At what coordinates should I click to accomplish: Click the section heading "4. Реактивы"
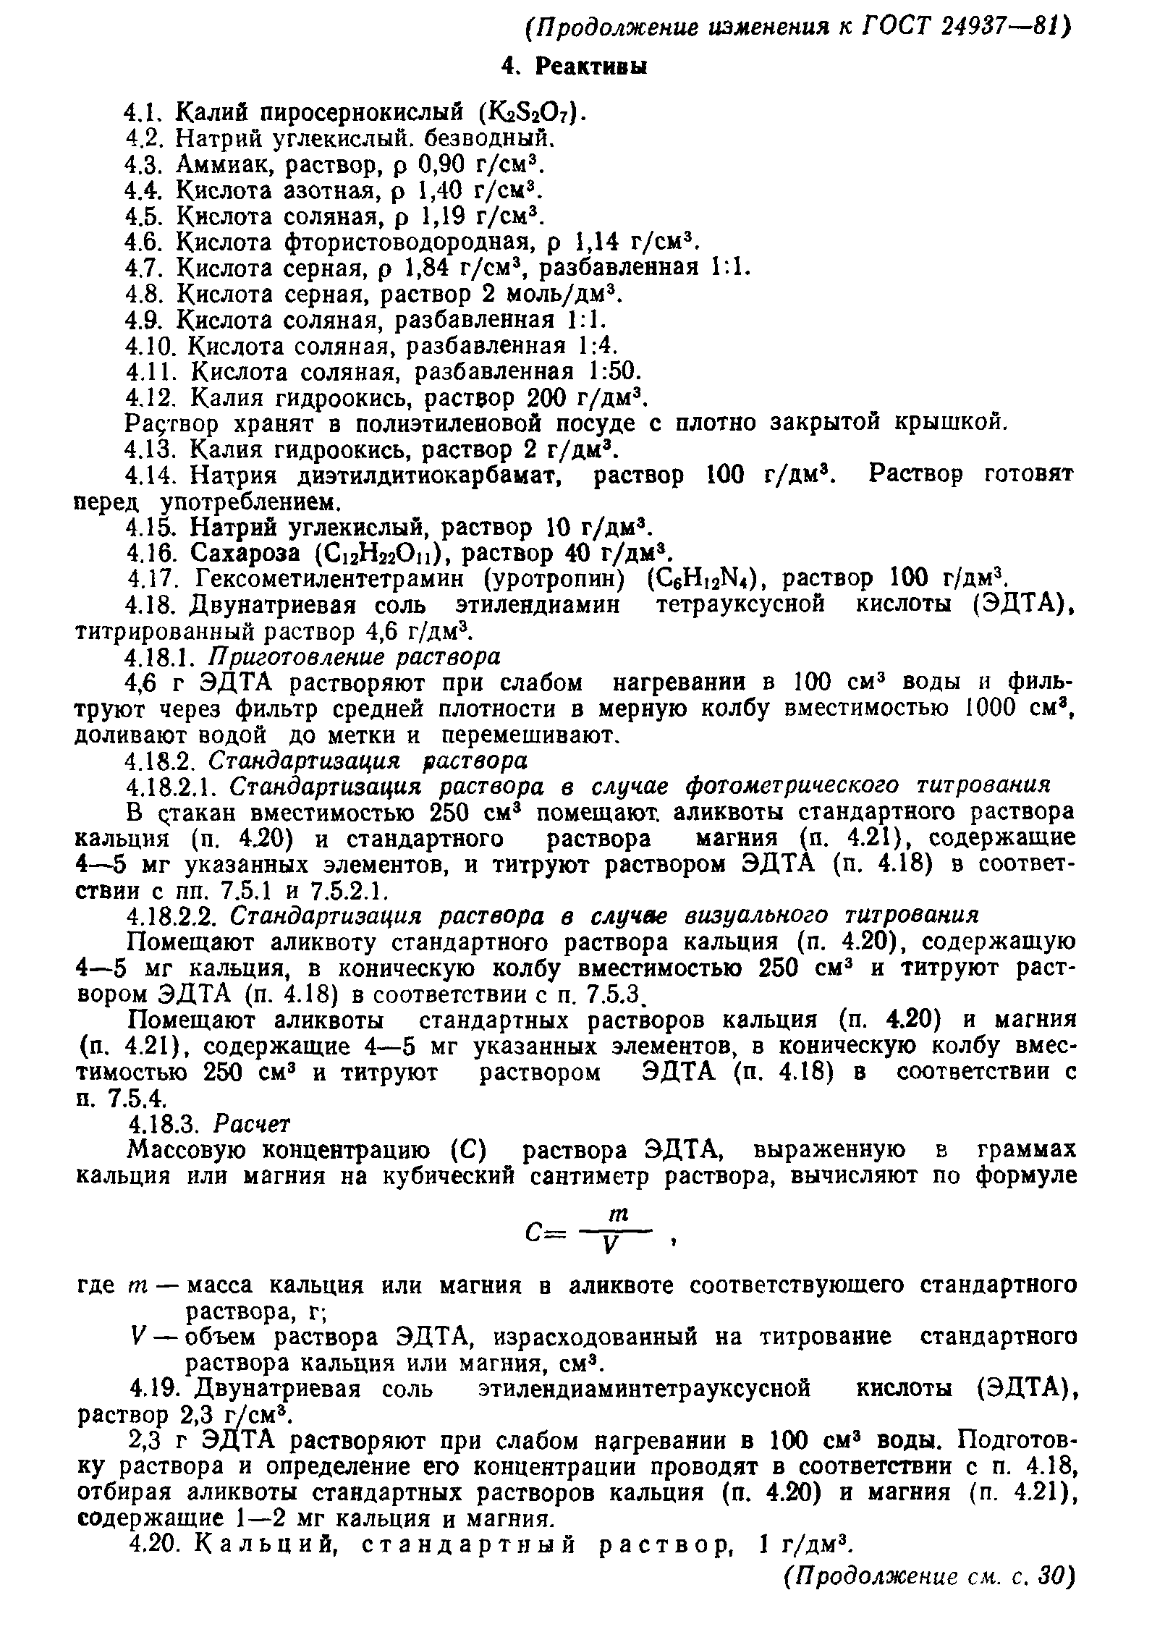click(574, 67)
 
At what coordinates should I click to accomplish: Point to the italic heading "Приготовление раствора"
click(355, 657)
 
